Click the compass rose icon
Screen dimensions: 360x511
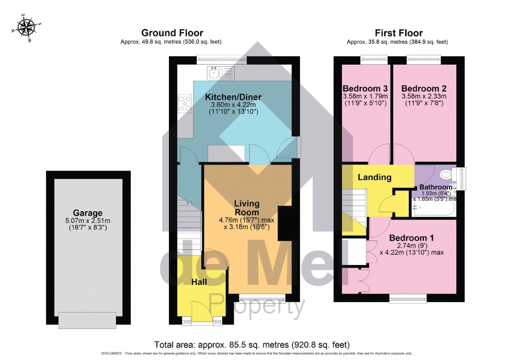point(25,26)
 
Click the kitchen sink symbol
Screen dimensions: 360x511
point(221,73)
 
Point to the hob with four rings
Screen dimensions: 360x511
point(185,103)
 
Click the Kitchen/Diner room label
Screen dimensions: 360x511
point(233,97)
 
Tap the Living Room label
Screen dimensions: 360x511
point(247,208)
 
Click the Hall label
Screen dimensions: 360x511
point(199,282)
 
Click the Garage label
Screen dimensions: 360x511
point(88,213)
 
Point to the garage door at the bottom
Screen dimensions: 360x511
point(87,320)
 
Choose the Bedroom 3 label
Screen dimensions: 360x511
point(364,88)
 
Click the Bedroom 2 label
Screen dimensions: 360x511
point(423,88)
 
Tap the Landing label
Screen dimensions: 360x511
point(374,177)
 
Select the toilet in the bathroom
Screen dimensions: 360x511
point(446,175)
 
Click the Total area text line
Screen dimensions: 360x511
point(252,345)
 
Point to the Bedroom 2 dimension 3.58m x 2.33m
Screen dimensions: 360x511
point(423,97)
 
